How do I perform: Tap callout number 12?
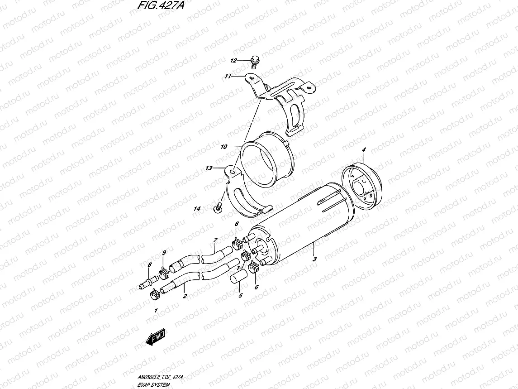[233, 61]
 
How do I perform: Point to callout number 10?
[224, 147]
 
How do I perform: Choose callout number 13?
[209, 168]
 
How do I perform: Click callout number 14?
[197, 209]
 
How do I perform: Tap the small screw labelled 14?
[219, 208]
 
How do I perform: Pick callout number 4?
[364, 150]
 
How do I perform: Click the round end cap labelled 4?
[360, 185]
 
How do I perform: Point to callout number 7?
[215, 240]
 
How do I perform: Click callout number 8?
[149, 264]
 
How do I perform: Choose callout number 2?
[185, 297]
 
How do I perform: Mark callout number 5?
[240, 296]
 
